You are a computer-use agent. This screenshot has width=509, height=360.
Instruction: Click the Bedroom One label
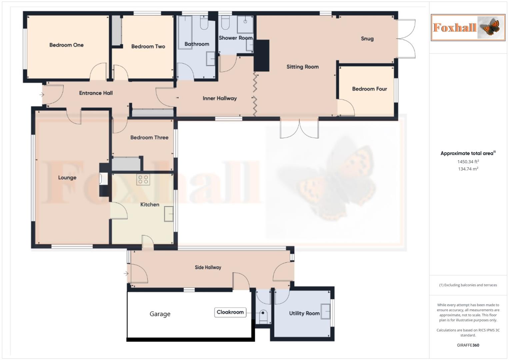tap(66, 45)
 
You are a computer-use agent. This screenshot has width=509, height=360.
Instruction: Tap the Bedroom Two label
tap(148, 46)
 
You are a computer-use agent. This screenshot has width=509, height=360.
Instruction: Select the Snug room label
tap(367, 39)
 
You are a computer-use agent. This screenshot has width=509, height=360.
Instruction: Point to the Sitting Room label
tap(302, 67)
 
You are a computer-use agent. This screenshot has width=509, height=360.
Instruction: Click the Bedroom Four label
tap(369, 89)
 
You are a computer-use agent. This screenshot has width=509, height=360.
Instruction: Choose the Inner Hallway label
tap(220, 98)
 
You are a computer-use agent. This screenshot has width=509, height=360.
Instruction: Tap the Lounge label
tap(67, 178)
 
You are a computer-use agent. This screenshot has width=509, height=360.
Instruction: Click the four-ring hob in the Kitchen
tap(143, 179)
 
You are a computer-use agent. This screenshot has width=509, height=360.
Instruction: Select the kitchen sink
tap(169, 214)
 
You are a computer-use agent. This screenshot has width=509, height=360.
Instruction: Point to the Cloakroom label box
tap(230, 312)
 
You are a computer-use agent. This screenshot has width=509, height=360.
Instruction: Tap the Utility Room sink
tap(325, 312)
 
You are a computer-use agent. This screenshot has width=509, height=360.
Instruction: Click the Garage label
tap(160, 314)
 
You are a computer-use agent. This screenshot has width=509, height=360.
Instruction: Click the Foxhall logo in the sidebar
tap(468, 28)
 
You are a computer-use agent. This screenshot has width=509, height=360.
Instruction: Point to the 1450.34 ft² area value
tap(468, 162)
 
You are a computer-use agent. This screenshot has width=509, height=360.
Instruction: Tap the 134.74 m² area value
tap(468, 169)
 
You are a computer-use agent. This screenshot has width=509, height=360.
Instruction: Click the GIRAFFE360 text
tap(468, 345)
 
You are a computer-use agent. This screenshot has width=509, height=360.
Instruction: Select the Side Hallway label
tap(208, 267)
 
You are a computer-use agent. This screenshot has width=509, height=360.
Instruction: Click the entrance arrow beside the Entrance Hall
tap(42, 95)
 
